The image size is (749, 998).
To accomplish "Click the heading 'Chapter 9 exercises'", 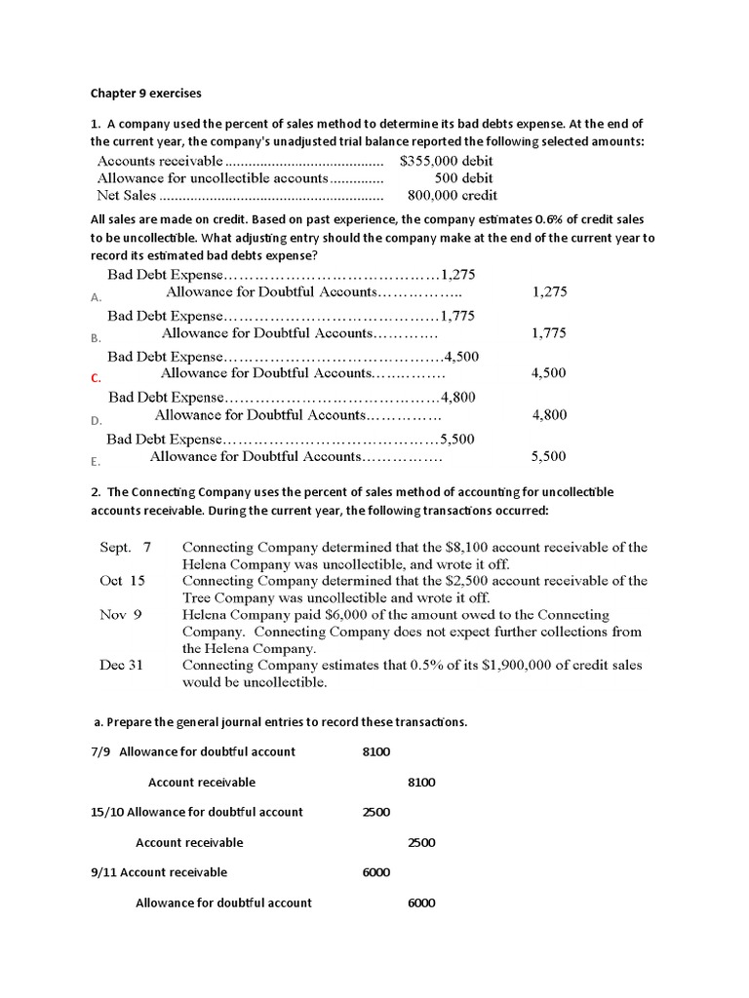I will click(145, 94).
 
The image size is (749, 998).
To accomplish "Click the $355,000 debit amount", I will click(446, 161).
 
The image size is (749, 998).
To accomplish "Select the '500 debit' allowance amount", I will click(463, 178).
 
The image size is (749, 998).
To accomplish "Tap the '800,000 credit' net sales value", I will click(453, 195).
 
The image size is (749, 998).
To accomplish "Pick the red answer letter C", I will click(96, 378).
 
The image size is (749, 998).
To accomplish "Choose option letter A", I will click(96, 297).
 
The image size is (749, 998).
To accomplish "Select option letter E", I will click(95, 462).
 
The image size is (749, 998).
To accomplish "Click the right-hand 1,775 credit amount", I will click(549, 333).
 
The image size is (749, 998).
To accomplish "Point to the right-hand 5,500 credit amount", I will click(548, 456).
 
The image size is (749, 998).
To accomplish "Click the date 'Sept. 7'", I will click(125, 548).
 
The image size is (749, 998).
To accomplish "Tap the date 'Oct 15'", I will click(122, 581).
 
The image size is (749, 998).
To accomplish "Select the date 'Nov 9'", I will click(121, 615).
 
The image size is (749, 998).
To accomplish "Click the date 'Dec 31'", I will click(121, 665).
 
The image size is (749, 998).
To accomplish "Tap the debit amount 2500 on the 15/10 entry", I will click(375, 812).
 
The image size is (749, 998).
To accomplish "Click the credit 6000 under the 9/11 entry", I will click(420, 902).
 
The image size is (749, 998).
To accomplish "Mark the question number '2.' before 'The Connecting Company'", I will click(96, 492).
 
